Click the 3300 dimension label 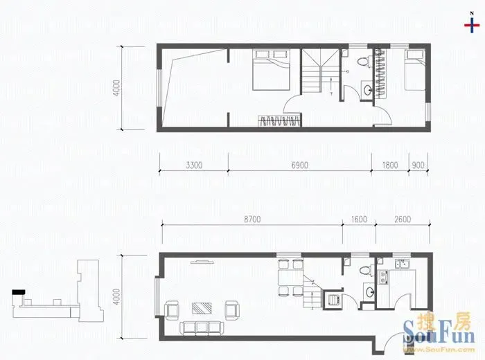(194, 165)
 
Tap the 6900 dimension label (300, 165)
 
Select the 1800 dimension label (389, 165)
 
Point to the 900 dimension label (418, 165)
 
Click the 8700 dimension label (252, 219)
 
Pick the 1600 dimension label (359, 219)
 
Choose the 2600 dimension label (403, 219)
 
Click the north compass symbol (472, 24)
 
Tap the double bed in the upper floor (271, 69)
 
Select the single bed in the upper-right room (415, 71)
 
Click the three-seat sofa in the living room (202, 327)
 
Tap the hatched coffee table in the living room (202, 308)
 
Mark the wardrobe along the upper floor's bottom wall (280, 120)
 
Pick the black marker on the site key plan (18, 291)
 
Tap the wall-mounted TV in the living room (202, 262)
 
